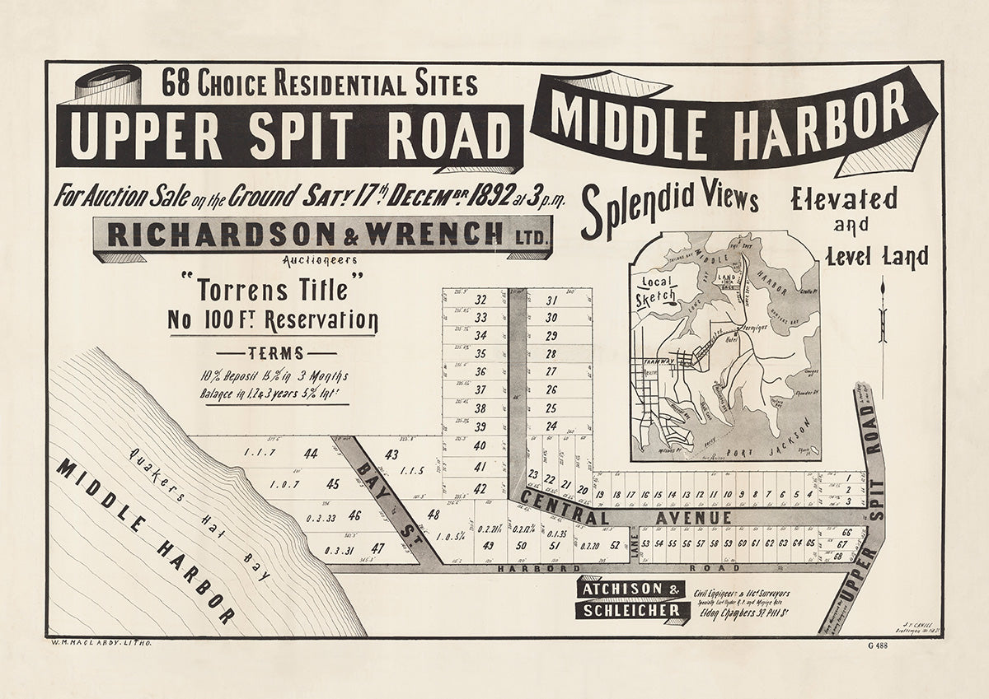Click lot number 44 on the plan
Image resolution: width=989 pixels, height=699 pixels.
pos(311,453)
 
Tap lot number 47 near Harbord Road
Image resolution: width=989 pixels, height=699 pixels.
pos(377,548)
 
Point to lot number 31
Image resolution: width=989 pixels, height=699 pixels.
pos(551,301)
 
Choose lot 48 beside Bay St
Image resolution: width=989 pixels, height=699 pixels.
pos(434,515)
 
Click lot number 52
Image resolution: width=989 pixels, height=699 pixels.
pos(615,544)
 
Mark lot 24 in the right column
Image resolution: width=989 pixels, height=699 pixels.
pos(551,426)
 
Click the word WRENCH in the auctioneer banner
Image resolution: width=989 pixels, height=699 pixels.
pos(434,235)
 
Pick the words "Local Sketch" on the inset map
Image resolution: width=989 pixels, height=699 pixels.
pos(657,289)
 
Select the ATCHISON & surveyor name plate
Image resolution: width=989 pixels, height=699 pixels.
pos(631,589)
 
